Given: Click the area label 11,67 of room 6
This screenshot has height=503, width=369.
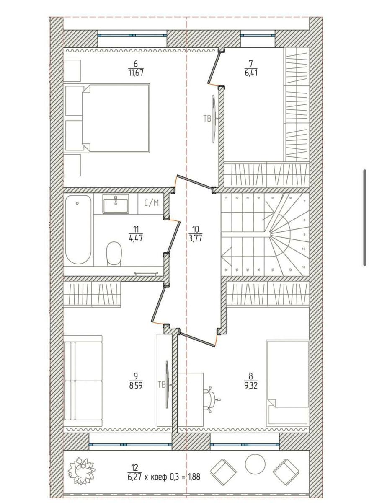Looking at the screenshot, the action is tap(136, 73).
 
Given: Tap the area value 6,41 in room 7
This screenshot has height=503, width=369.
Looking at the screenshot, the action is tap(251, 73).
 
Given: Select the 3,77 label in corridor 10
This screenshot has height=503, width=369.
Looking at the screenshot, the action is tap(195, 238).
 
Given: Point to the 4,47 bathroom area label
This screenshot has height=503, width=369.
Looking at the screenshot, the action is tap(136, 238).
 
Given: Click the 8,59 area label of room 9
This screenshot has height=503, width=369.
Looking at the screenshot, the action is tap(136, 385).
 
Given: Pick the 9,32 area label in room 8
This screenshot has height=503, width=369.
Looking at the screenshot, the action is tap(251, 385).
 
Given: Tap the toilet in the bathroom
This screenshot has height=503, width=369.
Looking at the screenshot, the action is tap(114, 254).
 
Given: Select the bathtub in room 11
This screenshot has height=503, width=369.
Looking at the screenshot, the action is tap(78, 230).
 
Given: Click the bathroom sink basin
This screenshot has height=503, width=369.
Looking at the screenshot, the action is tap(116, 204).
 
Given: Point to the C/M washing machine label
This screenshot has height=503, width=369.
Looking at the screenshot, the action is tap(152, 203).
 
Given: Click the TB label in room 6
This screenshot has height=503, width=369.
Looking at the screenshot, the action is tap(207, 118).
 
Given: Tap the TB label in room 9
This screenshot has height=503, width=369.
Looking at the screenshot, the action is tap(162, 385).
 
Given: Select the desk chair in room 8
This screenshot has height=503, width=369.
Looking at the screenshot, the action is tap(210, 400).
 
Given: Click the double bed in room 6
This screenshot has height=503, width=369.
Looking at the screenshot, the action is tap(108, 118).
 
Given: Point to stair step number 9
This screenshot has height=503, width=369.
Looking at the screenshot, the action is tap(304, 234).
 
